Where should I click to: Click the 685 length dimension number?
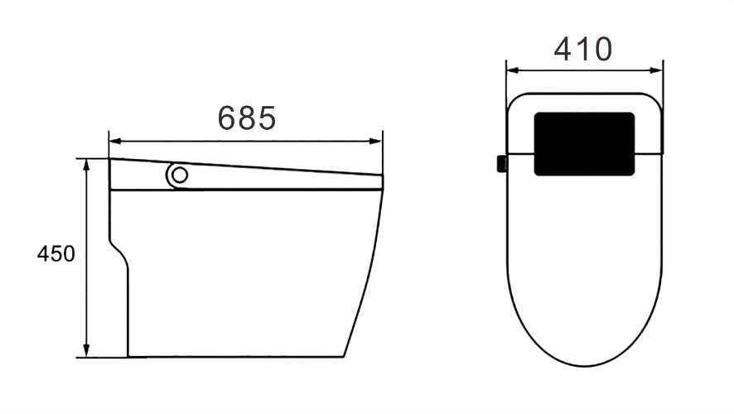247,118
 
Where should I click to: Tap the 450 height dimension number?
56,254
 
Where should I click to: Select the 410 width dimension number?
582,49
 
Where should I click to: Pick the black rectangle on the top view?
584,143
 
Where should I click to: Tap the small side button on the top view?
502,164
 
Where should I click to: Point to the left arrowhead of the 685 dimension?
115,141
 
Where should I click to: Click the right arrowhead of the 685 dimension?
376,141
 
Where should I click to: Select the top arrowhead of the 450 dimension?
86,165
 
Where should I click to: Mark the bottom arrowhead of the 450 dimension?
86,350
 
